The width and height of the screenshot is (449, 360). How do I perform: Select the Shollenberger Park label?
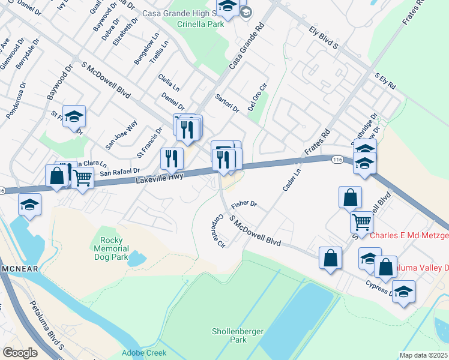click(x=229, y=335)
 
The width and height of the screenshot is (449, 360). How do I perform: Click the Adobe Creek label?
click(x=145, y=353)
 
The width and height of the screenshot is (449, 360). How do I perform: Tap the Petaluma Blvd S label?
click(x=47, y=325)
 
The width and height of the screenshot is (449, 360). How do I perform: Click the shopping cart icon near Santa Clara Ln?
click(x=82, y=176)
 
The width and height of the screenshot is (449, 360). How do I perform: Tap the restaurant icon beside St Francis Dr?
click(x=172, y=158)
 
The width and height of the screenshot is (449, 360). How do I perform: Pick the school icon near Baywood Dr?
click(x=74, y=116)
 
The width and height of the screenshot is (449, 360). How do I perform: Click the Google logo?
click(x=20, y=353)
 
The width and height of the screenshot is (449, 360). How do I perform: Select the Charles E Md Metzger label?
click(x=409, y=236)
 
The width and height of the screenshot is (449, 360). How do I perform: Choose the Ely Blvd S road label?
click(x=324, y=37)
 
